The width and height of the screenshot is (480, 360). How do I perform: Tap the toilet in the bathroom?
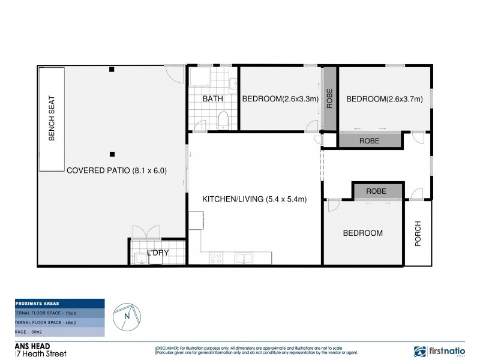(223, 121)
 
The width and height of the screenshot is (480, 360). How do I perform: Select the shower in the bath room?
(198, 78)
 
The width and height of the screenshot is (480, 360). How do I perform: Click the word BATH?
(212, 99)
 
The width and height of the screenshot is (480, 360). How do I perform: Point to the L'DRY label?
(158, 253)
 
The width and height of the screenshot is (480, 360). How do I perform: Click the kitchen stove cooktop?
(216, 258)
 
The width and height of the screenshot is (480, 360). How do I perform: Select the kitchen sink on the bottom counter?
(244, 258)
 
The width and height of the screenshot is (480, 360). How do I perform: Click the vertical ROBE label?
(329, 98)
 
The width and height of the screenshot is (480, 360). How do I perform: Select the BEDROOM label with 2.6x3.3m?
(279, 99)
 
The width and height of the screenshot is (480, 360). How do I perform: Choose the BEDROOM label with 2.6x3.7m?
(385, 99)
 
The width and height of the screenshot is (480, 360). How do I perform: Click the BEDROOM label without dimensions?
(362, 233)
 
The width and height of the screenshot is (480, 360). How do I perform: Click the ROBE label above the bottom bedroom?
(376, 191)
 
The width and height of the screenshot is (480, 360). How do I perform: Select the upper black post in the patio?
(112, 70)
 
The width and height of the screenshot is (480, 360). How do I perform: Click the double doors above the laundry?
(146, 232)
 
